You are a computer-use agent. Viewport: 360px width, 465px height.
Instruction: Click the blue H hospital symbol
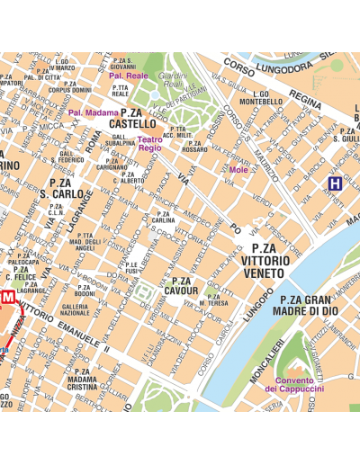point(334,184)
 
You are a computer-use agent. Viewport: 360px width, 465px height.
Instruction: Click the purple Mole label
point(239,169)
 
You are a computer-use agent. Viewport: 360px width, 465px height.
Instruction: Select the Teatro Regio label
point(149,143)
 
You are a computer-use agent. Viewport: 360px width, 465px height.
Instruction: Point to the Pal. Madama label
point(93,112)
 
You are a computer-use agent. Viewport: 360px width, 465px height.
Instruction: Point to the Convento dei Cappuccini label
point(294,383)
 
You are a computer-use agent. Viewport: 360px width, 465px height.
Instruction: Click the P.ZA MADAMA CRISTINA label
point(82,380)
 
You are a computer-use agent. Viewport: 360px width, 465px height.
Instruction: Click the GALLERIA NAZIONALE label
point(76,309)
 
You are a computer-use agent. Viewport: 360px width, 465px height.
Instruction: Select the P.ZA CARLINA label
point(163,216)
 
